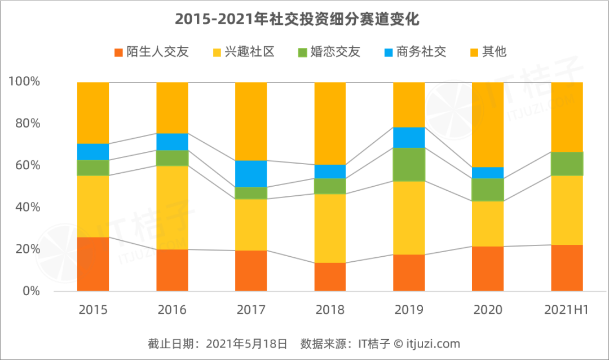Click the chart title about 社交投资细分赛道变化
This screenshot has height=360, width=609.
click(297, 19)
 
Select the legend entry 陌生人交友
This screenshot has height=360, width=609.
click(151, 52)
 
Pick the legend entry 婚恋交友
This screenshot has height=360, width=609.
click(329, 52)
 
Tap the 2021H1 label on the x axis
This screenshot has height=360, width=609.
click(567, 310)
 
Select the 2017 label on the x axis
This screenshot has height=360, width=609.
click(251, 310)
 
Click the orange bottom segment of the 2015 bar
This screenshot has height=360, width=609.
click(93, 264)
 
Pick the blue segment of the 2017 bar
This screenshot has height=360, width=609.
click(251, 174)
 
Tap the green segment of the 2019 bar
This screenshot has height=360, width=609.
click(409, 164)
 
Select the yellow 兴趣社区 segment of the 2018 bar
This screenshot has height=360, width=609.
click(330, 228)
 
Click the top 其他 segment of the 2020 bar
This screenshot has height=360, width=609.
click(488, 124)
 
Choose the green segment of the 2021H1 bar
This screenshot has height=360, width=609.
click(567, 164)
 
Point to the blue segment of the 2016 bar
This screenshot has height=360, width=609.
click(172, 142)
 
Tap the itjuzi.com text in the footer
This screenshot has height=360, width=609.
click(434, 344)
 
